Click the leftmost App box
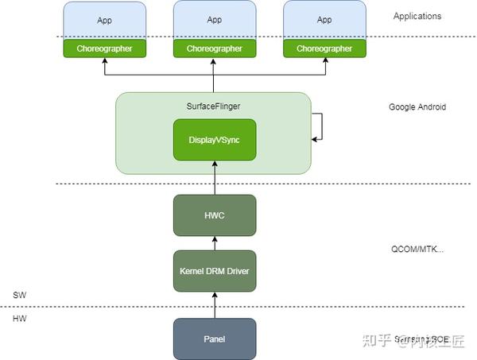pyautogui.click(x=104, y=19)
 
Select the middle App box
pyautogui.click(x=214, y=19)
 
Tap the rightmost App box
pyautogui.click(x=324, y=19)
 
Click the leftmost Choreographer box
pyautogui.click(x=104, y=48)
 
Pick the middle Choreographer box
pyautogui.click(x=214, y=48)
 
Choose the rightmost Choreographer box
pyautogui.click(x=324, y=48)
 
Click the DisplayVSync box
pyautogui.click(x=214, y=139)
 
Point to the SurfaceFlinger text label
pyautogui.click(x=213, y=105)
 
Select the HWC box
pyautogui.click(x=215, y=215)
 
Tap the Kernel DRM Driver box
pyautogui.click(x=215, y=271)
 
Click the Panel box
pyautogui.click(x=215, y=339)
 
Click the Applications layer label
pyautogui.click(x=417, y=16)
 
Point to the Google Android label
pyautogui.click(x=417, y=106)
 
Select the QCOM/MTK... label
pyautogui.click(x=417, y=248)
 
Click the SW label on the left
pyautogui.click(x=20, y=295)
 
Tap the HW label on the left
pyautogui.click(x=20, y=317)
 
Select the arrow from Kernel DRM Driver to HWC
pyautogui.click(x=215, y=243)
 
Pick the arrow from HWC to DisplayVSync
pyautogui.click(x=215, y=177)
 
